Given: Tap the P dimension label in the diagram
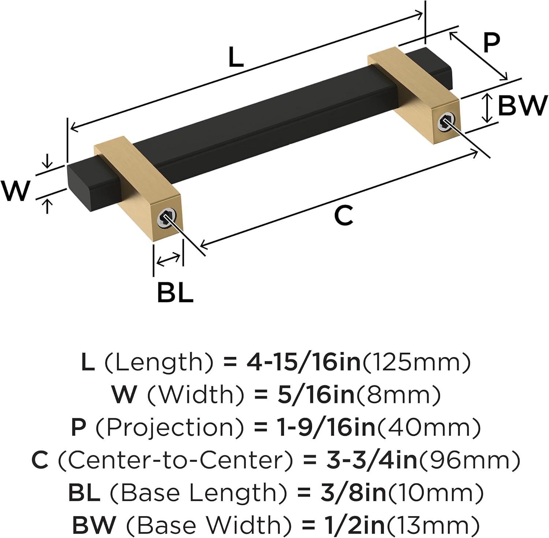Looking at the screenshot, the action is (x=491, y=43).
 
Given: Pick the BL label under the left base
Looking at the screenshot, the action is (x=175, y=291).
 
